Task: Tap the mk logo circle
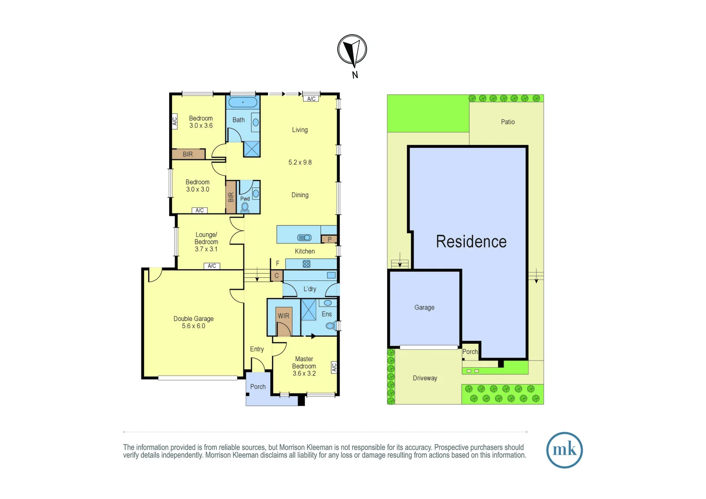coord(564,450)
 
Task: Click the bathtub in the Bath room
coord(243,102)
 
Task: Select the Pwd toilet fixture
coord(245,207)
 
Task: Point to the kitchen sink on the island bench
coord(304,237)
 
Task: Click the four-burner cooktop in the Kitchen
coord(306,264)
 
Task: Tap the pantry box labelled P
coord(329,239)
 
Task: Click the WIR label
coord(283,316)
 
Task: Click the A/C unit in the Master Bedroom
coord(334,367)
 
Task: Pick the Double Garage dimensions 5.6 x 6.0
coord(194,326)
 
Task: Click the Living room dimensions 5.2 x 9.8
coord(300,163)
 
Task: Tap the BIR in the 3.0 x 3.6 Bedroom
coord(188,154)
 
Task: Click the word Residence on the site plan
coord(471,242)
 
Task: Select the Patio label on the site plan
coord(508,122)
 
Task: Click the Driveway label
coord(425,378)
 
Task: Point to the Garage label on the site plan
coord(424,307)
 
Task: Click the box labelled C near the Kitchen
coord(277,276)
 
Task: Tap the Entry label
coord(257,349)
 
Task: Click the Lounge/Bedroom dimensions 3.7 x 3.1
coord(206,249)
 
